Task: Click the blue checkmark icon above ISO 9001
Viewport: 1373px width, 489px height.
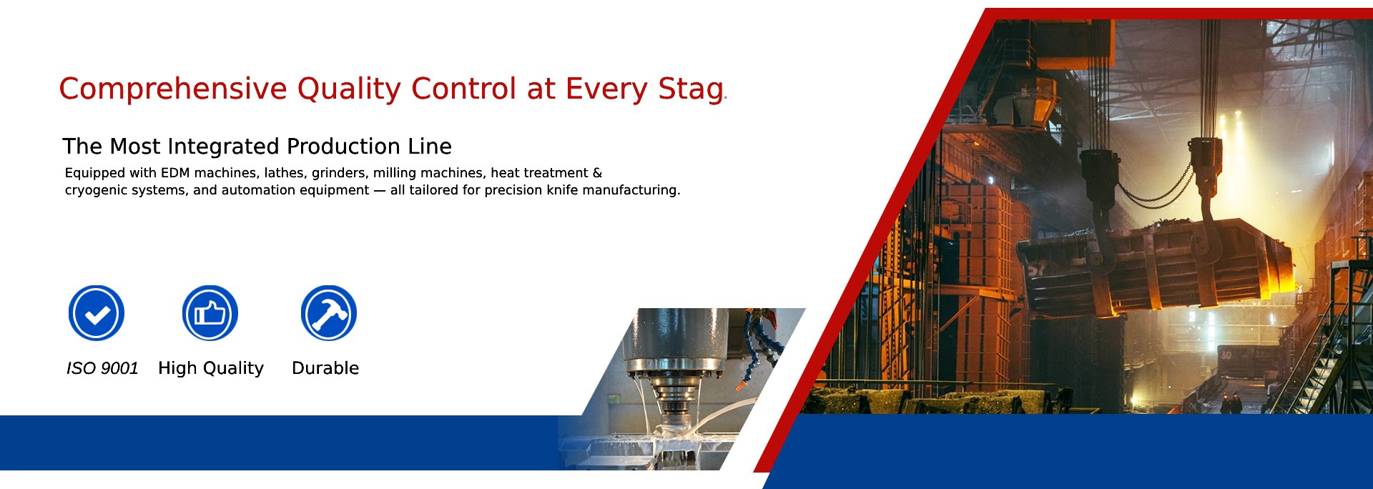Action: click(x=97, y=313)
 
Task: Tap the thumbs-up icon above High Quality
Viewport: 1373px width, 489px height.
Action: click(x=210, y=313)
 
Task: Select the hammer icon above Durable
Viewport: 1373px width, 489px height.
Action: click(x=329, y=313)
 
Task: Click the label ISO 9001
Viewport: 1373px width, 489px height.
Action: click(x=102, y=368)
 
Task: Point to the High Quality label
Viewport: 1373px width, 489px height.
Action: click(x=211, y=368)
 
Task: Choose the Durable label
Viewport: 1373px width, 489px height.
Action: click(x=325, y=368)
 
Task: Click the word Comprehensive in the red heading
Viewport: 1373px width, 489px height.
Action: click(x=173, y=89)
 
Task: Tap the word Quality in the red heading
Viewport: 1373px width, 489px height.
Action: click(x=350, y=89)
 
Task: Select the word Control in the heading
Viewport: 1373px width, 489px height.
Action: click(x=463, y=89)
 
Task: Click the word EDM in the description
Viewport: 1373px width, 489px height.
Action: click(x=175, y=173)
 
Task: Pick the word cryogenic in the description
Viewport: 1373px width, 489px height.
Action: click(x=92, y=190)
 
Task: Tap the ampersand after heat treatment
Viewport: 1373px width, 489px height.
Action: click(x=598, y=173)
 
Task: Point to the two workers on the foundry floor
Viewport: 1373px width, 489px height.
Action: click(x=1231, y=403)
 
